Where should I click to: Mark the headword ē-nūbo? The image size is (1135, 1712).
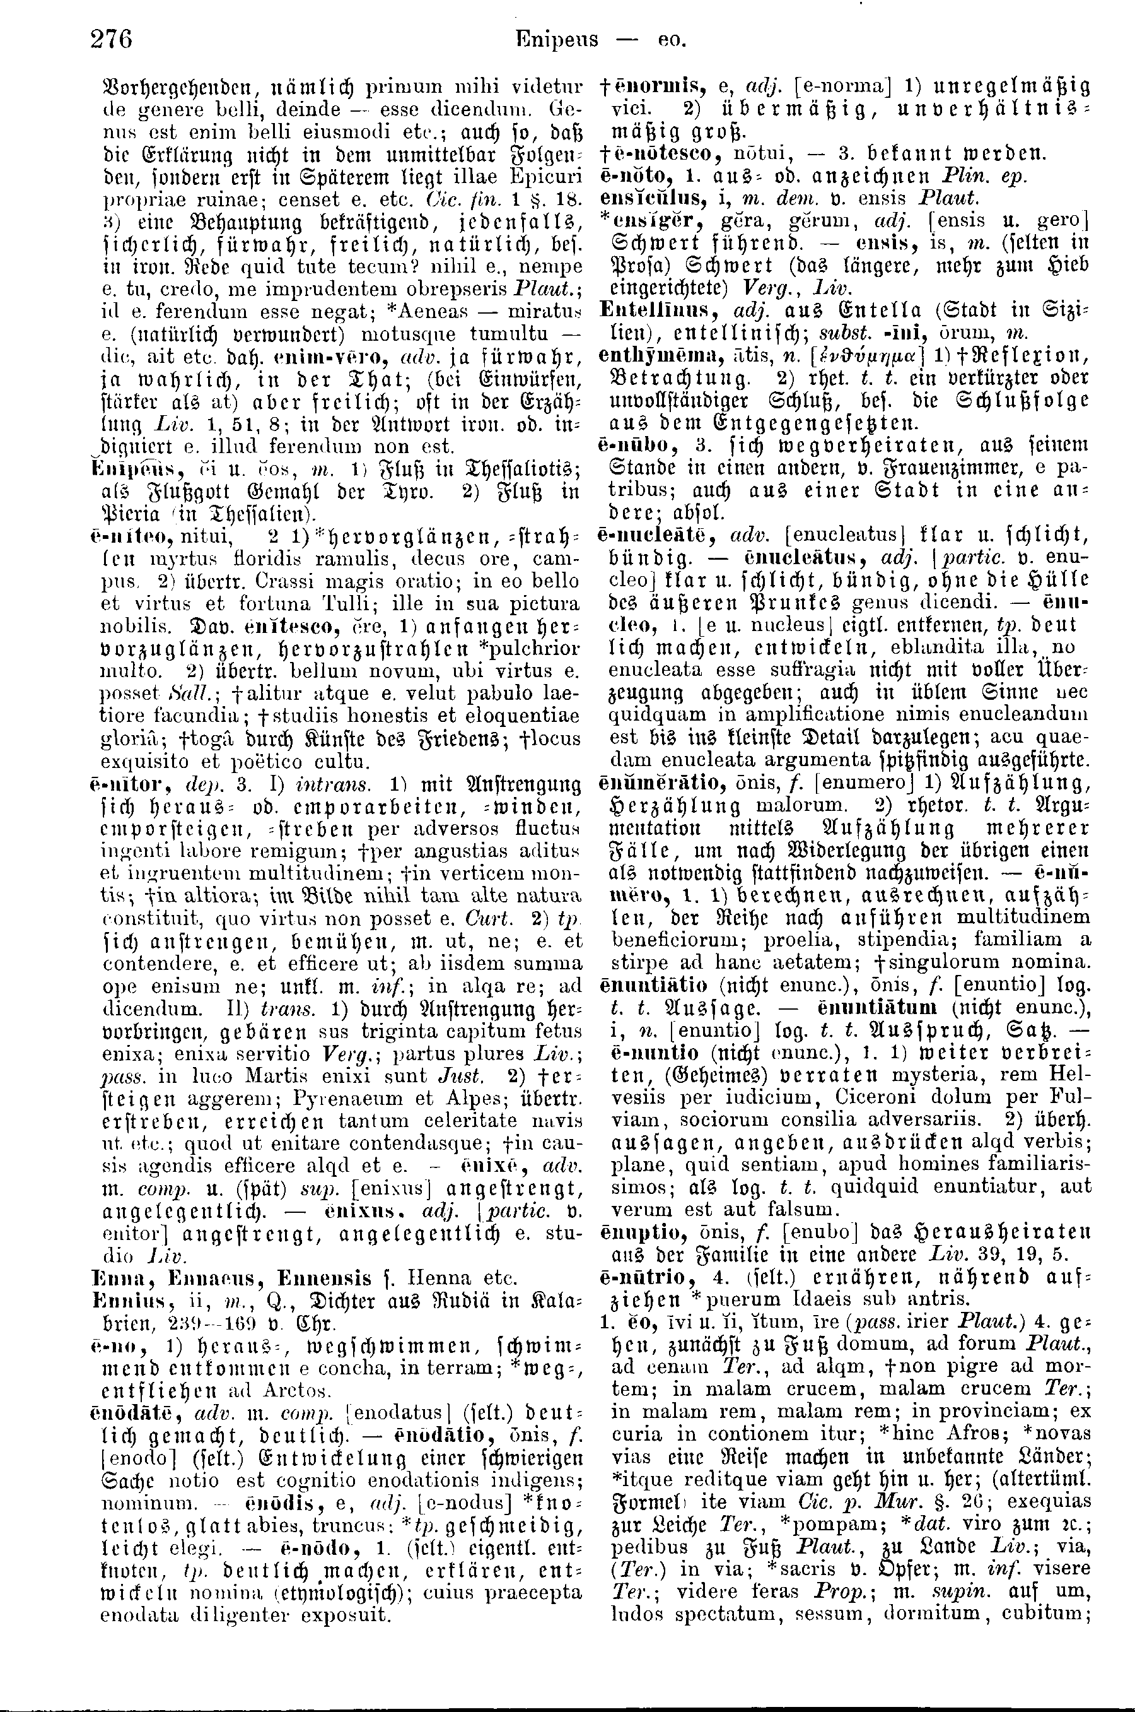631,445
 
